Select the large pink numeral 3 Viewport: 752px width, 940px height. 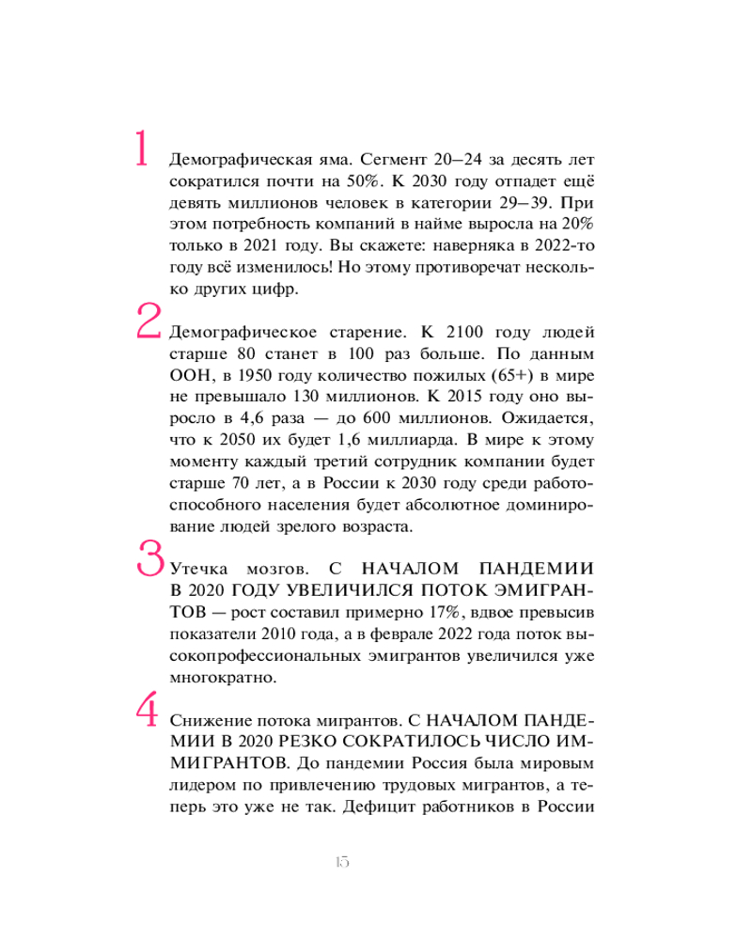click(150, 556)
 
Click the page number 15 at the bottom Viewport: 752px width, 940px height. click(340, 863)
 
